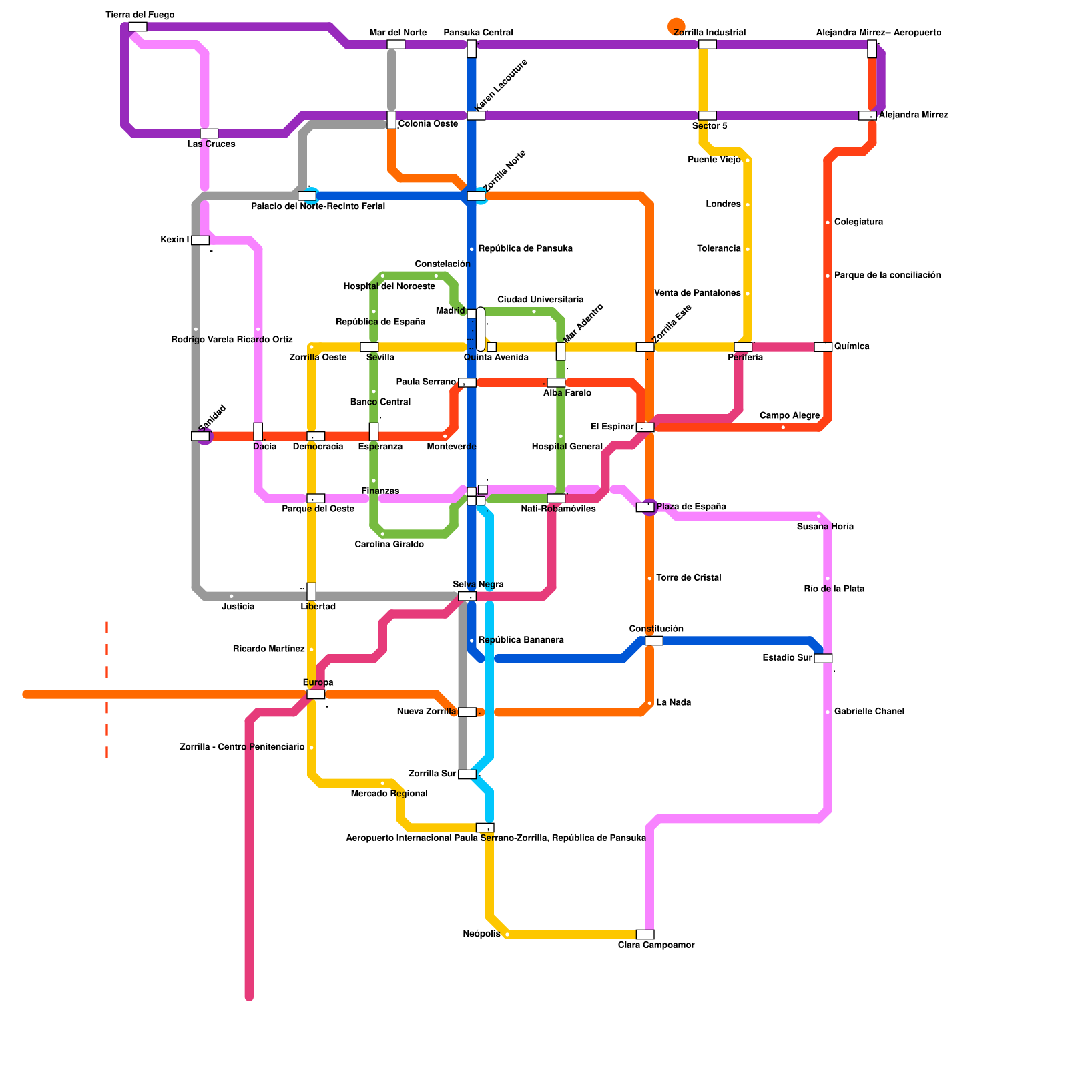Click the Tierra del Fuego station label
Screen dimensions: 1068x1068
(140, 15)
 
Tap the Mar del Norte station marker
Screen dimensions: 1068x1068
(396, 45)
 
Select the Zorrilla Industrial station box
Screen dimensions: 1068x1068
(707, 45)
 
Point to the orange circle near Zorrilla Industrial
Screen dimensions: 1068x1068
(676, 26)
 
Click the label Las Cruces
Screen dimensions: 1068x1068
(211, 144)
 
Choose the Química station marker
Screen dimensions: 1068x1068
(823, 347)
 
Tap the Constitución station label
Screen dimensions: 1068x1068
(656, 629)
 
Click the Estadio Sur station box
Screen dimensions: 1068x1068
(823, 659)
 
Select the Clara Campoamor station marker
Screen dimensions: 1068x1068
(645, 934)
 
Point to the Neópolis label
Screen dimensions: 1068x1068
(481, 934)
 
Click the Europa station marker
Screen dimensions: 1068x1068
(316, 694)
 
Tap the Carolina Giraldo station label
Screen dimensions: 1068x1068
(389, 545)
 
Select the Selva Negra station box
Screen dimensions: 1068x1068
(467, 596)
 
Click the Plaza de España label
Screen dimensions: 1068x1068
(691, 507)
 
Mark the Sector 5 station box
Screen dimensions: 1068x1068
(707, 116)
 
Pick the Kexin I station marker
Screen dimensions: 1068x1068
(200, 240)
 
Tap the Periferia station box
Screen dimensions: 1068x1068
(743, 347)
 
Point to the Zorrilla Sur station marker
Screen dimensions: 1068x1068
(467, 774)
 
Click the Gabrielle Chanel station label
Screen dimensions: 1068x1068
(869, 712)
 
